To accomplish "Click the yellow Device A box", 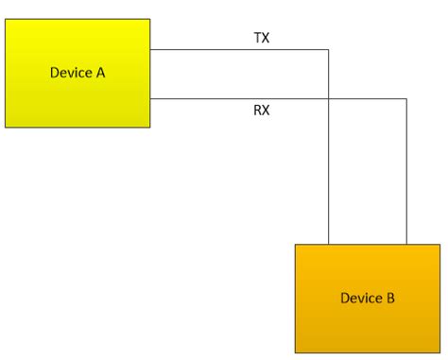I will coord(78,73).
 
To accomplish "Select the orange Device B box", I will coord(367,298).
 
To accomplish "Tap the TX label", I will coord(262,38).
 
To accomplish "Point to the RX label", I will coord(262,111).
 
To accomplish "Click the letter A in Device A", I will coord(100,73).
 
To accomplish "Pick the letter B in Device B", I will coord(389,298).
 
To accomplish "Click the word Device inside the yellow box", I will coord(70,73).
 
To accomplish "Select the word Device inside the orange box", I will coord(360,298).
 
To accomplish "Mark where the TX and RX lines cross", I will coord(328,98).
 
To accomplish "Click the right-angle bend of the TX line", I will coord(328,49).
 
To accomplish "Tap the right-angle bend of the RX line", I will coord(406,98).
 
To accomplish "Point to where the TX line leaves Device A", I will coord(150,49).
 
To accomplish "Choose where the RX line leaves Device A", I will coord(150,98).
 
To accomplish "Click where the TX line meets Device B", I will coord(328,245).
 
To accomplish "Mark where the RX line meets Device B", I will coord(406,245).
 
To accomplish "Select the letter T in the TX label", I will coord(257,38).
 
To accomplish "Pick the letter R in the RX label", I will coord(257,111).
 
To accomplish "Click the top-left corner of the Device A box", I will coord(6,20).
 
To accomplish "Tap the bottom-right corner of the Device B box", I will coord(439,351).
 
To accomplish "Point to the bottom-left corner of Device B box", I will coord(296,351).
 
